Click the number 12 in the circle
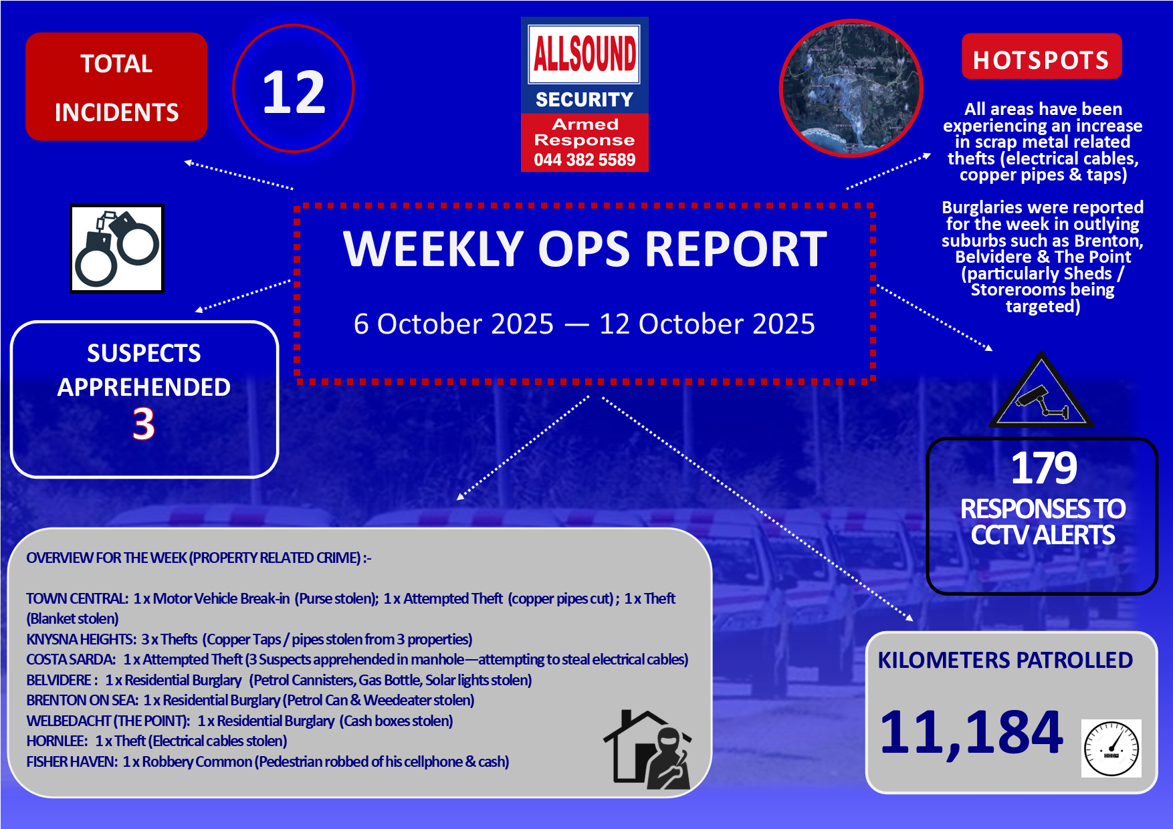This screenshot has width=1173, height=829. pos(294,92)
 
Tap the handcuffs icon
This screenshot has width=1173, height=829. pos(117,249)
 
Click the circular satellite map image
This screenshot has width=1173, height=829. pos(851,88)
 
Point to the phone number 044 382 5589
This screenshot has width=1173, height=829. pos(584,160)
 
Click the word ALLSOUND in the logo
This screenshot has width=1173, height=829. pos(584,53)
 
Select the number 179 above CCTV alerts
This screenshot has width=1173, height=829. pos(1043,468)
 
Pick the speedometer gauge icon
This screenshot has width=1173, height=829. pos(1111,749)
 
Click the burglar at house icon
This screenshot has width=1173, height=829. pos(647,749)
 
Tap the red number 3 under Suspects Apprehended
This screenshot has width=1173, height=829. pos(144,424)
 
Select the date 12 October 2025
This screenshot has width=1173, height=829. pos(707,324)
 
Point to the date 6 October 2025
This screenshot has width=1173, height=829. pos(453,324)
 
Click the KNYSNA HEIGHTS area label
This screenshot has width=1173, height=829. pos(80,640)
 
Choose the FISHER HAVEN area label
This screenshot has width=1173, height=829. pos(72,762)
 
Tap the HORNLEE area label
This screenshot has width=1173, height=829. pos(56,741)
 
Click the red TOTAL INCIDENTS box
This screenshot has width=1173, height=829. pos(116,87)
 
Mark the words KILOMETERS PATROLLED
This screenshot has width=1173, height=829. pos(1005,661)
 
